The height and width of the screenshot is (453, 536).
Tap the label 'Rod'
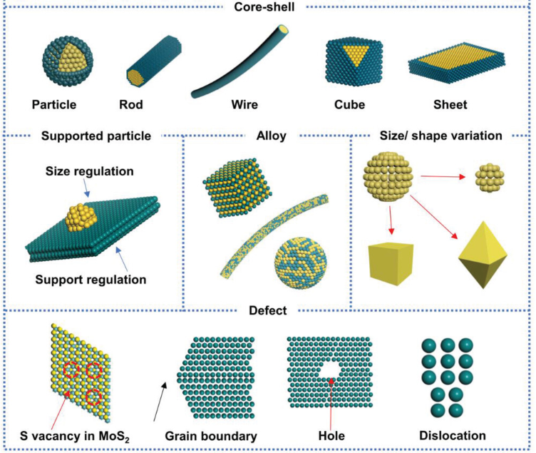131,106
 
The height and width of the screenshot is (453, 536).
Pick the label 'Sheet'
450,106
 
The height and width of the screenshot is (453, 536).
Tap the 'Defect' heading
267,310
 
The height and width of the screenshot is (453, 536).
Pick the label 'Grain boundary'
210,435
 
